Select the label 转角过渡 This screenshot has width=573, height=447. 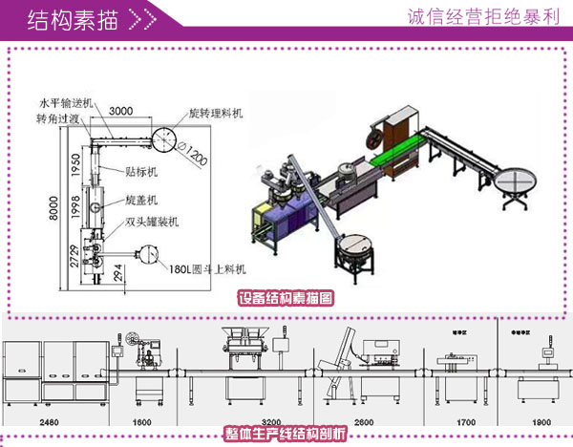[58, 119]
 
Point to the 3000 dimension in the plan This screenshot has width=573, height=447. [120, 111]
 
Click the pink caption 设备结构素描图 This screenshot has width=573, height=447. [286, 297]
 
